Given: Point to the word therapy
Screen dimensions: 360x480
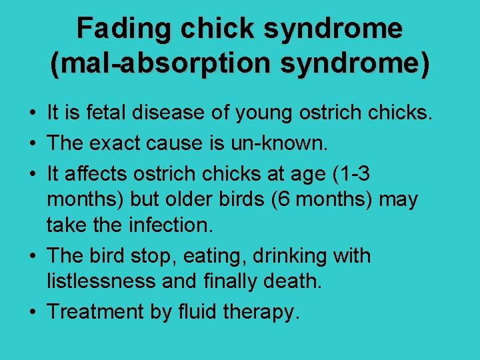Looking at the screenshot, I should click(x=261, y=312).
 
